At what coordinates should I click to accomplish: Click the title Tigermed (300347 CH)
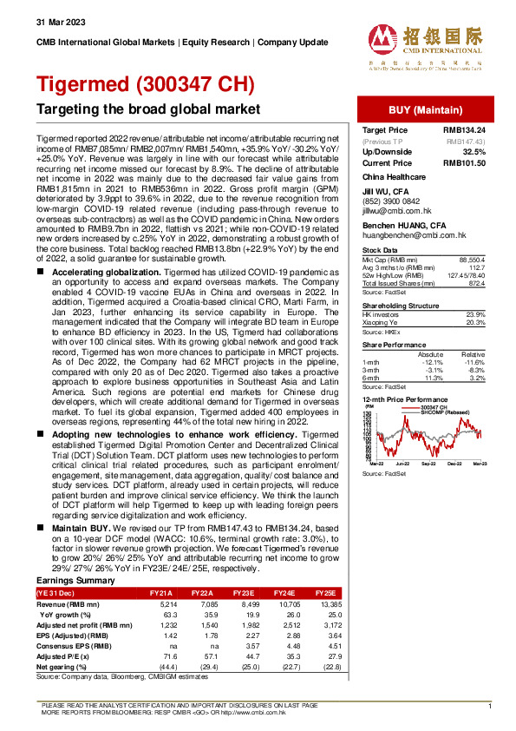pyautogui.click(x=146, y=84)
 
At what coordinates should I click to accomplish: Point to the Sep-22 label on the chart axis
pyautogui.click(x=428, y=466)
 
